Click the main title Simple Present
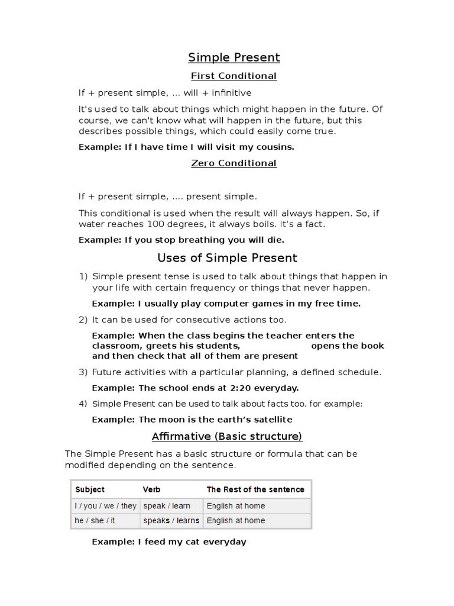click(x=234, y=57)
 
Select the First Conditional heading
click(x=234, y=76)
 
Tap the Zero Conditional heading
click(x=234, y=163)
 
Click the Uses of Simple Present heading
click(x=227, y=258)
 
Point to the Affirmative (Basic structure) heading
click(x=227, y=437)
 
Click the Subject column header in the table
click(x=90, y=489)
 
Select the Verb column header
click(x=151, y=489)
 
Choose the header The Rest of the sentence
click(x=255, y=489)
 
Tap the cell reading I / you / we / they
click(x=105, y=506)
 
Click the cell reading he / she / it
click(x=95, y=521)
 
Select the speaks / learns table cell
click(x=171, y=521)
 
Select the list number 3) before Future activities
click(x=83, y=372)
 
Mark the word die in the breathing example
click(x=275, y=240)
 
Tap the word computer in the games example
click(x=234, y=304)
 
